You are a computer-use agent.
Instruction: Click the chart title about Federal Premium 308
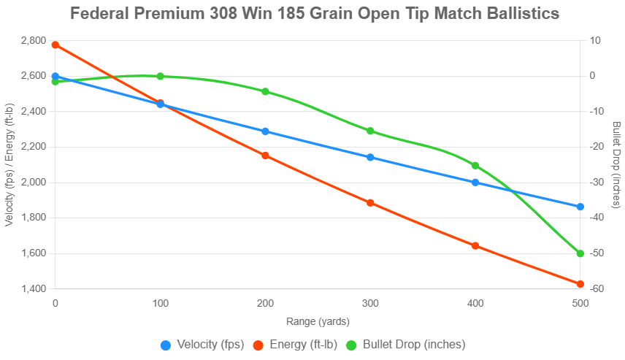(315, 14)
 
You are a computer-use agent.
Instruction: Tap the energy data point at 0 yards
(55, 45)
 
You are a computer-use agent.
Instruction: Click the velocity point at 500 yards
(580, 207)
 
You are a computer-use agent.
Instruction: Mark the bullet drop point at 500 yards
(580, 253)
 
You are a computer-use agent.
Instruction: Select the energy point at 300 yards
(370, 203)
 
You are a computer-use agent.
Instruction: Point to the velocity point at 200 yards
(265, 131)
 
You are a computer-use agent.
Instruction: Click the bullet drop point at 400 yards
(475, 166)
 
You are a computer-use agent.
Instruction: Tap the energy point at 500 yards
(580, 284)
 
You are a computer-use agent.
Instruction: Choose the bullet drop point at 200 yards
(265, 91)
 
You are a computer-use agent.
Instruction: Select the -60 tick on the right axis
(597, 289)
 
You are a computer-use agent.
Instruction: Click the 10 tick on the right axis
(595, 41)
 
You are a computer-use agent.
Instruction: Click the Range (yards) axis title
(318, 321)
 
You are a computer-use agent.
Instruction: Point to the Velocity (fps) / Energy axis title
(9, 164)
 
